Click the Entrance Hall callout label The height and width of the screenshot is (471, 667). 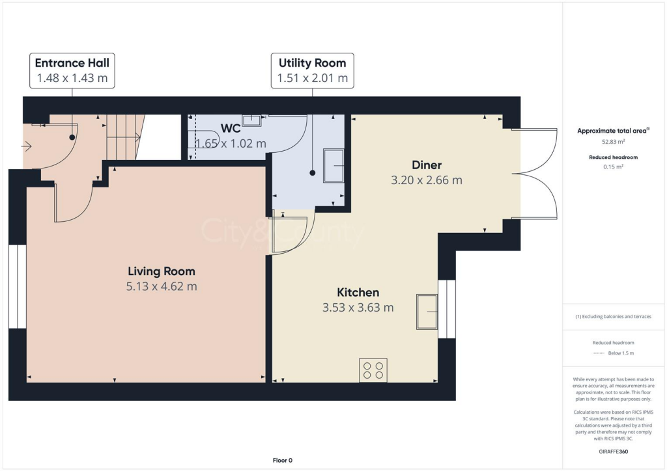72,71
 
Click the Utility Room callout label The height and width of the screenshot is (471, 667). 312,71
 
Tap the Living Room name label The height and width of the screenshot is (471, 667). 161,271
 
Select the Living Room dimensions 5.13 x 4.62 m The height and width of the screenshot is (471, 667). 161,286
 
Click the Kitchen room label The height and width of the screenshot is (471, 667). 358,293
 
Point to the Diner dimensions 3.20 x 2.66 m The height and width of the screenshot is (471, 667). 426,180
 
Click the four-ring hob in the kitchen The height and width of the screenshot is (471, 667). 373,370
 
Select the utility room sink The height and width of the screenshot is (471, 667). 334,164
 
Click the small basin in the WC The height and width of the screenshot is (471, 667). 251,120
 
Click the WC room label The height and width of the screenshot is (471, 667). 231,128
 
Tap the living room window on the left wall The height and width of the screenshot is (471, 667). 18,286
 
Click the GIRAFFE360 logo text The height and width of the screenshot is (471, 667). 613,451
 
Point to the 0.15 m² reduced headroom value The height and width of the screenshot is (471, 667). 613,167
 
